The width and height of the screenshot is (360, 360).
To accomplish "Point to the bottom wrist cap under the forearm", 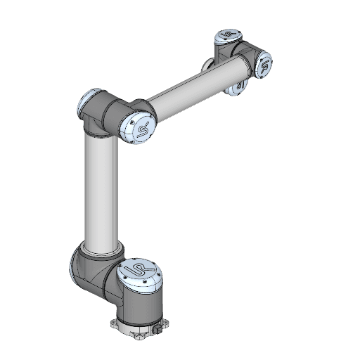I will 239,85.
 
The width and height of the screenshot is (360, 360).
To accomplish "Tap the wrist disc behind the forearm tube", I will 208,65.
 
